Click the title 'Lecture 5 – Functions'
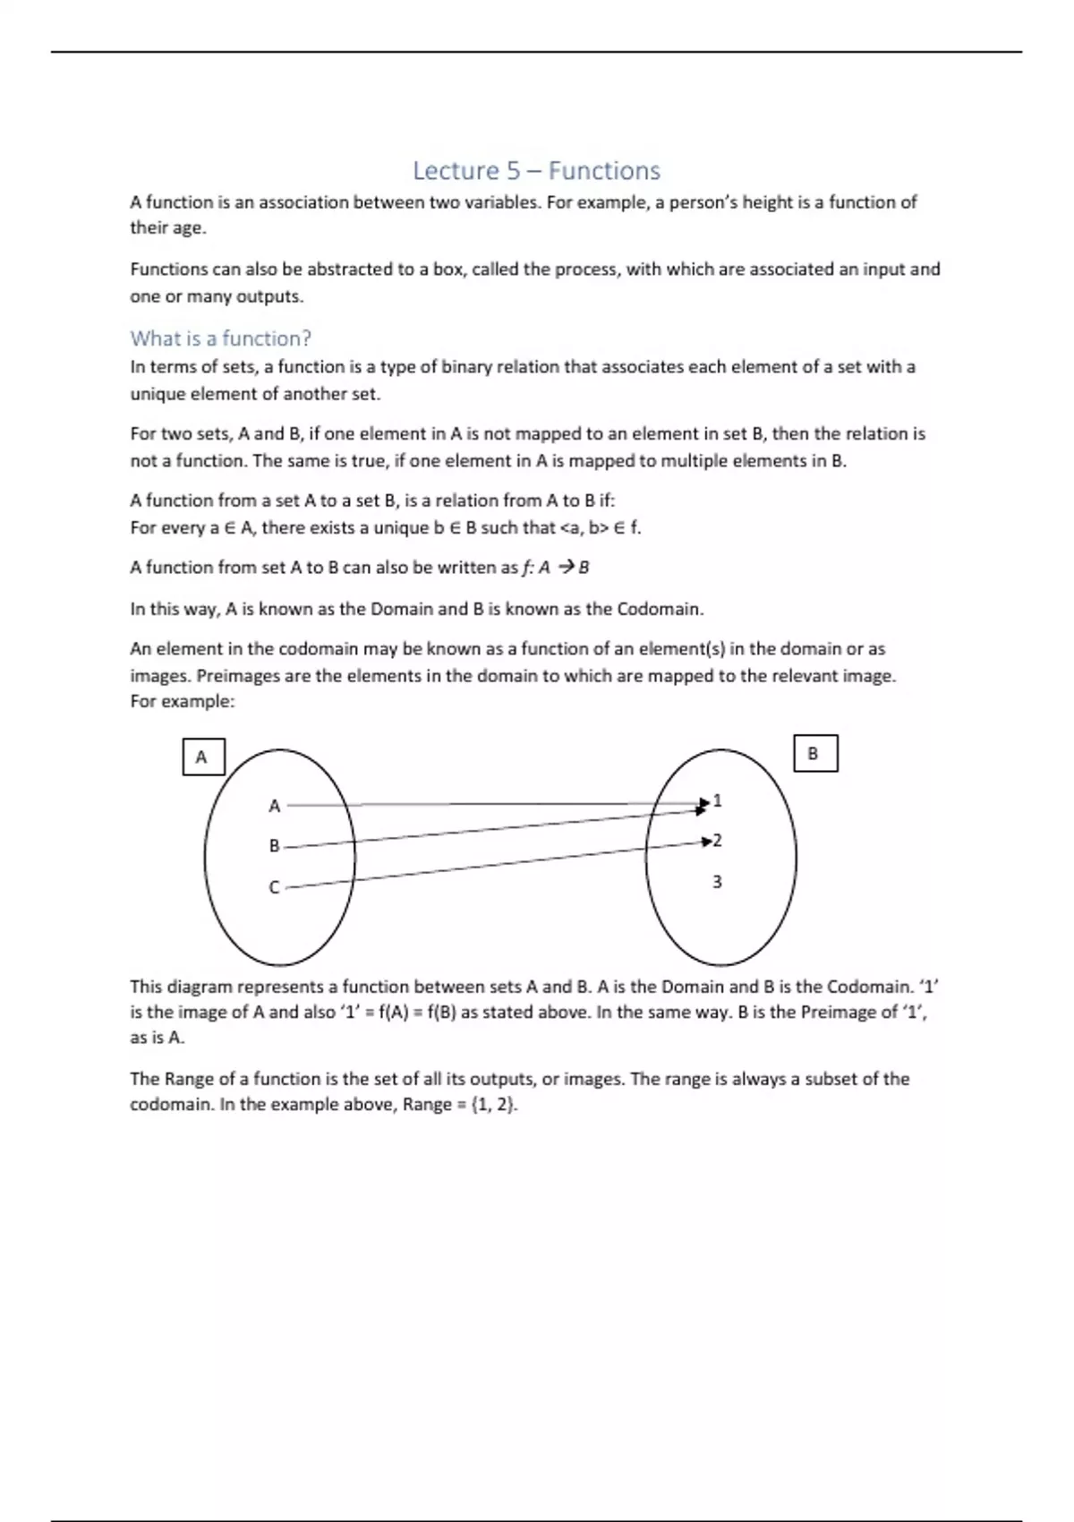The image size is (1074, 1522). point(536,170)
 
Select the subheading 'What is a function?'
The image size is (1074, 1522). point(220,338)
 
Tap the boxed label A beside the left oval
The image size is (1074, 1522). point(202,757)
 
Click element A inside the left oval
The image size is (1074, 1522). point(275,806)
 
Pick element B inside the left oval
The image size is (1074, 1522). point(275,846)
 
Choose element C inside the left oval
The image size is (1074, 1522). point(275,887)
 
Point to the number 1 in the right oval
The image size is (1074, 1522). point(718,800)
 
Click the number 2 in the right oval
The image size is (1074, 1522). point(718,841)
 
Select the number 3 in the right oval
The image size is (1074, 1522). point(717,882)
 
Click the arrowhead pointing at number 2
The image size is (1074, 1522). point(707,842)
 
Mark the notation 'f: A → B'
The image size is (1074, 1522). point(555,568)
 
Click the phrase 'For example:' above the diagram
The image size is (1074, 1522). point(182,702)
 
